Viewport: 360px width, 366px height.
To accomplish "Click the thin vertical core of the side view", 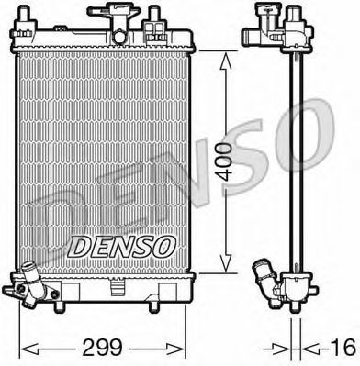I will tap(291, 156).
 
